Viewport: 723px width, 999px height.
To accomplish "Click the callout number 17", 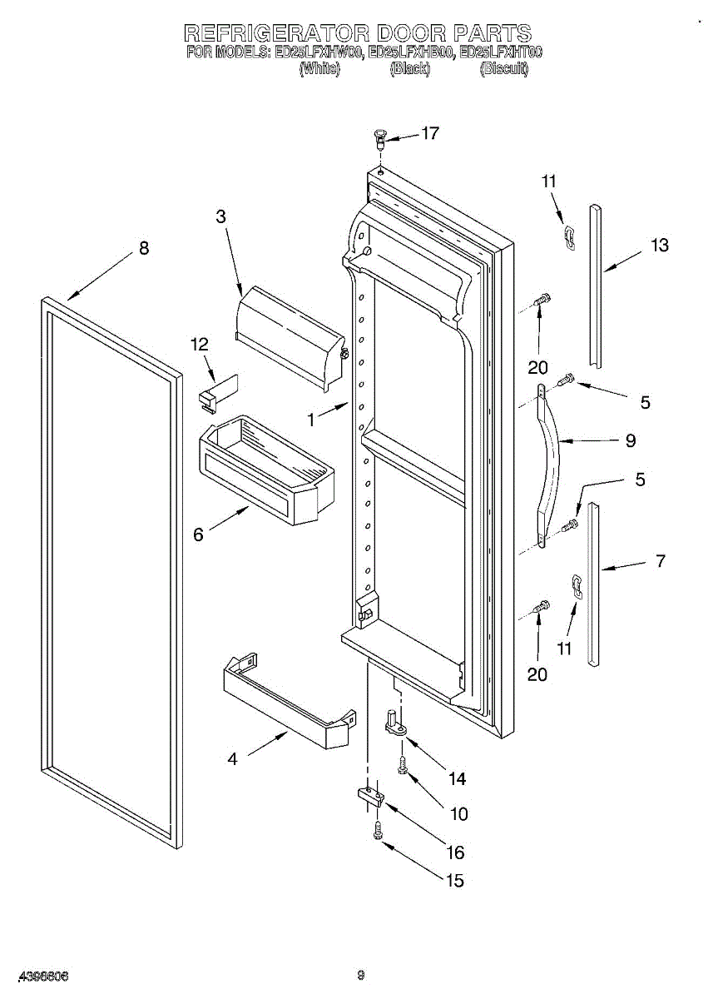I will [x=429, y=133].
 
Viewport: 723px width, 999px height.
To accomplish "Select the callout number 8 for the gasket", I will [x=144, y=248].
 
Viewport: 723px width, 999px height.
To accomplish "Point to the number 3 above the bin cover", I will [x=220, y=216].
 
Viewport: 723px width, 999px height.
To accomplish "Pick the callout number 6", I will [x=198, y=534].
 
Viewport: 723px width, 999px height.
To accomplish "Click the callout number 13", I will [x=659, y=246].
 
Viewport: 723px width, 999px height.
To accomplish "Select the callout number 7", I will [x=660, y=561].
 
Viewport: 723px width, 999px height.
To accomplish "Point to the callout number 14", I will [x=457, y=779].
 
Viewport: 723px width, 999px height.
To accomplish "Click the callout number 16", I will [x=454, y=852].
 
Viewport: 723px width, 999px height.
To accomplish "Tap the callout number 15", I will [x=454, y=881].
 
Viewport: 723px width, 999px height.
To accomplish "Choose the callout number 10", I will [x=458, y=814].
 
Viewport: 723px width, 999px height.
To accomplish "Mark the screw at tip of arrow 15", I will [x=379, y=830].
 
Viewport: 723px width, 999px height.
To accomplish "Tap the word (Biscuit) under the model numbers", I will [x=504, y=69].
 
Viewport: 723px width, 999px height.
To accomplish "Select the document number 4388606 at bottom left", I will [x=42, y=975].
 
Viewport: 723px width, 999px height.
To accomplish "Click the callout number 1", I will [x=310, y=421].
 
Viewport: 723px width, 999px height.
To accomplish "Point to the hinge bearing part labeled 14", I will [x=395, y=722].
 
